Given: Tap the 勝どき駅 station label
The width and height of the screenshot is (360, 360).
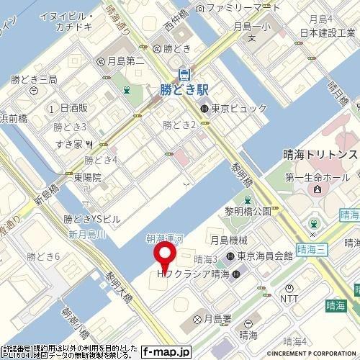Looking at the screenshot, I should [x=184, y=89].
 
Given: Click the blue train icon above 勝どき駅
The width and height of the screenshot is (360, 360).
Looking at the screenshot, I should [x=184, y=73].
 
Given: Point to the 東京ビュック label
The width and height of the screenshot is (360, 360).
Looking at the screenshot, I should [x=238, y=109].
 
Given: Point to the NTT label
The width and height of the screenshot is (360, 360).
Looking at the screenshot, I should [x=289, y=297].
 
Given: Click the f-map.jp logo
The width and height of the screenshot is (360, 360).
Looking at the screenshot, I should [x=166, y=352].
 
